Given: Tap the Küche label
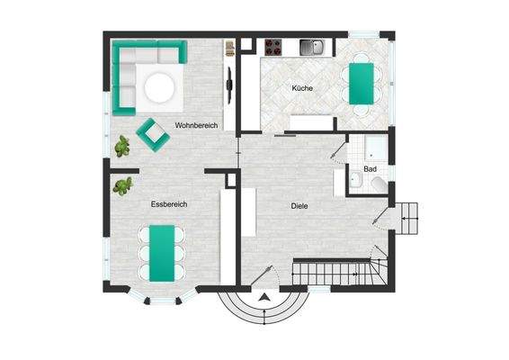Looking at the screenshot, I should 301,87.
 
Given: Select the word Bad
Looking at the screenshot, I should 370,169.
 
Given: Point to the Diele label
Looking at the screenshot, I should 299,206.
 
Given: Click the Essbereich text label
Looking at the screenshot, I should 169,205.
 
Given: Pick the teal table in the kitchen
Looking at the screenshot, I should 361,79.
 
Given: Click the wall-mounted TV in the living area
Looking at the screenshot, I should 230,88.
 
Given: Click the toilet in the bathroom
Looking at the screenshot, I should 379,185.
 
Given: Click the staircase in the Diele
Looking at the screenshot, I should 337,269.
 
